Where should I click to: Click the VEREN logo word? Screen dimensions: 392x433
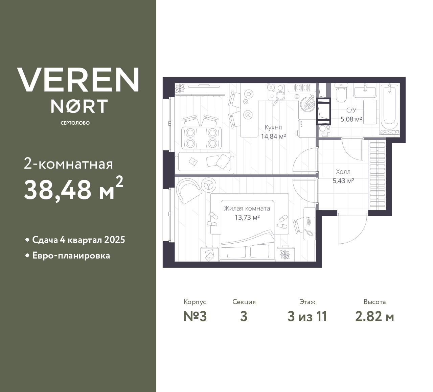click(78, 80)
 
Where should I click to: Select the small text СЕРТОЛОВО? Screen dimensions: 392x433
click(75, 123)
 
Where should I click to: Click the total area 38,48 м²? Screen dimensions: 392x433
click(73, 189)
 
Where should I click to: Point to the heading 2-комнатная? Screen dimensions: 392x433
click(68, 164)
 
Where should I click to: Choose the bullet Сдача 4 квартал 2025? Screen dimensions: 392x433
click(78, 240)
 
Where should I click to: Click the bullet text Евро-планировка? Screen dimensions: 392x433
click(71, 255)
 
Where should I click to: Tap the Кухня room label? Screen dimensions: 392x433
click(273, 127)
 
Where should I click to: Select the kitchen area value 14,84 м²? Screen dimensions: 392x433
click(273, 136)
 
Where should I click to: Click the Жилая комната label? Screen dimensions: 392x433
click(247, 209)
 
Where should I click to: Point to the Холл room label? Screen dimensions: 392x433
click(343, 172)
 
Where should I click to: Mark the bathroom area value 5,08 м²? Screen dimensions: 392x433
click(351, 119)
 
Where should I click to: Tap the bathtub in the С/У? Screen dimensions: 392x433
click(389, 106)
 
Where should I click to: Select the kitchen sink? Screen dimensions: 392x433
click(308, 103)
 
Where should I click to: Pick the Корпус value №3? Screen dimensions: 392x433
click(195, 317)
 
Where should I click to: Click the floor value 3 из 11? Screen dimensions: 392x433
click(307, 317)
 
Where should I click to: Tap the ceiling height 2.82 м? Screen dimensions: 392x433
click(374, 317)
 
